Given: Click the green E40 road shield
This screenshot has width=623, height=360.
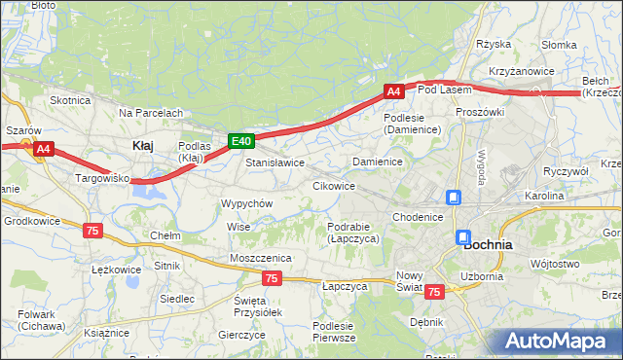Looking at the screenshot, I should click(x=242, y=142).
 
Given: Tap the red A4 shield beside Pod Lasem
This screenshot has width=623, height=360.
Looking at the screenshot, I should click(x=393, y=91).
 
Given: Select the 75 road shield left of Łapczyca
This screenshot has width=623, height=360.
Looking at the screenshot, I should click(x=273, y=278).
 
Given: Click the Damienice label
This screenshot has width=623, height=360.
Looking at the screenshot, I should click(x=378, y=161).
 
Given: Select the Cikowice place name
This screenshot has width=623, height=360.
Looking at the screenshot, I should click(x=333, y=185).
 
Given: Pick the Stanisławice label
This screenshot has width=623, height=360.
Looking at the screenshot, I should click(x=275, y=162).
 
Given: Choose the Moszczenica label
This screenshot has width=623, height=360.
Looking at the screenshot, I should click(x=261, y=257).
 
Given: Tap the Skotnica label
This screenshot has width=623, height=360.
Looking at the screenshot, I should click(x=70, y=100).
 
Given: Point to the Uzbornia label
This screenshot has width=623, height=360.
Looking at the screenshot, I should click(x=483, y=276).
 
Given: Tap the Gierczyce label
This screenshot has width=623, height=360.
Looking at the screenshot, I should click(x=242, y=334).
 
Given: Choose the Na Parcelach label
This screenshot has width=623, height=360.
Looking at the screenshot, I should click(x=151, y=113).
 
